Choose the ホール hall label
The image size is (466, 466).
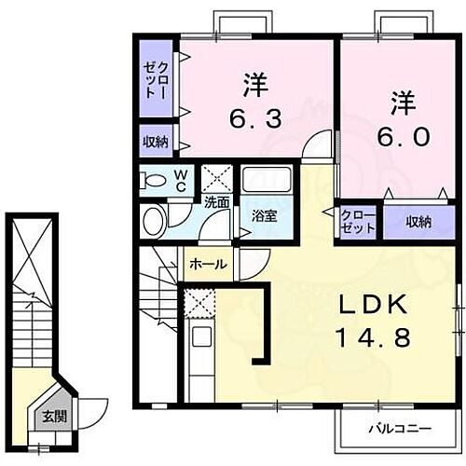(207, 265)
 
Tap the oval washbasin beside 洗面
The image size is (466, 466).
(154, 221)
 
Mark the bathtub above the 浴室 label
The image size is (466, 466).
(267, 183)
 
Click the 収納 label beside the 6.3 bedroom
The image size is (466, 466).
(156, 143)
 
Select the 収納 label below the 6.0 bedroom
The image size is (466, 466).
(418, 221)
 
